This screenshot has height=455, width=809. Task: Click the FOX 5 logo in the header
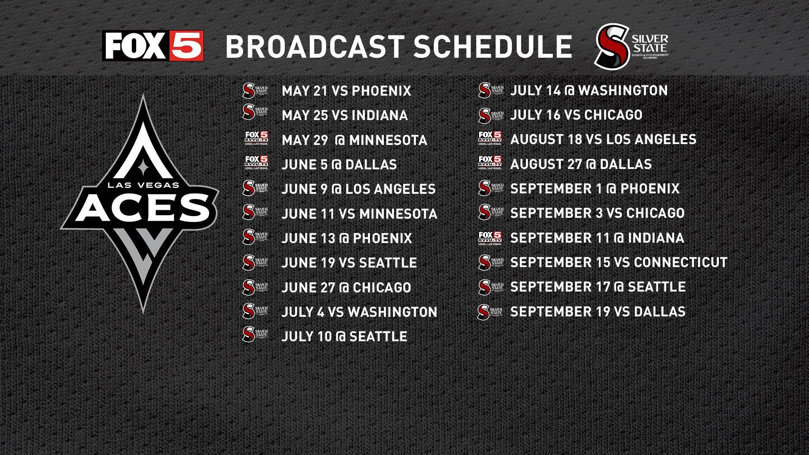(x=153, y=46)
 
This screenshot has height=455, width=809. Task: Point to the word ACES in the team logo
(x=143, y=207)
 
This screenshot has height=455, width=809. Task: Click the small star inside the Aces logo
(x=143, y=168)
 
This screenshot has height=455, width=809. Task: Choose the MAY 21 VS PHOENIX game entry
(x=346, y=91)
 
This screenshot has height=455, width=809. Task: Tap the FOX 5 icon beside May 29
(x=257, y=139)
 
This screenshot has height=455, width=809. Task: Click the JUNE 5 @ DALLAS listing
(x=339, y=164)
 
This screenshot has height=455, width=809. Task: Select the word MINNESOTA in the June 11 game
(x=398, y=214)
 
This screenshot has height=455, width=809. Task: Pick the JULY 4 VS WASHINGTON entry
(x=359, y=312)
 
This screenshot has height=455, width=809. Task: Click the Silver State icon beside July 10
(x=256, y=334)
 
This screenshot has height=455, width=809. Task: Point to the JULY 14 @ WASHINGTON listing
(x=589, y=90)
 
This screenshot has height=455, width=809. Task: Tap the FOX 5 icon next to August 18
(x=490, y=138)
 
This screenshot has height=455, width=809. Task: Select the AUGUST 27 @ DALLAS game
(x=581, y=164)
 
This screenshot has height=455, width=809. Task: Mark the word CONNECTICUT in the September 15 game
(x=680, y=262)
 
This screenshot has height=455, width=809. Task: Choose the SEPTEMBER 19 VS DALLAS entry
(x=597, y=312)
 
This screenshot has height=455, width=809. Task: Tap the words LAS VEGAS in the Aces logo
(x=143, y=185)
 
